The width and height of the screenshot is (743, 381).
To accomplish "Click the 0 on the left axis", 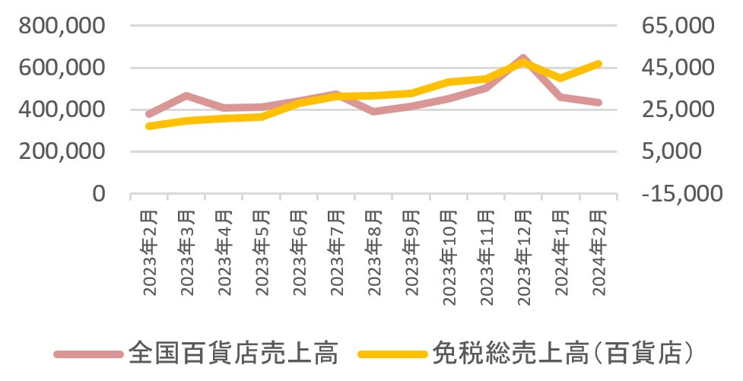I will [99, 193].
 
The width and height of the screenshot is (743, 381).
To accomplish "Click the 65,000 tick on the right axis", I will [678, 26].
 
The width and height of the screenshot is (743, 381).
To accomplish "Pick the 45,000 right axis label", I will [678, 68].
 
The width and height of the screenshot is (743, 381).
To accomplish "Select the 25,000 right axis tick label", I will [678, 110].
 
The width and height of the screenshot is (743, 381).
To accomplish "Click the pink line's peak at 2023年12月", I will [523, 58].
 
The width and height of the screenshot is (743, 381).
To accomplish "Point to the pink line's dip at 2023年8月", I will [373, 112].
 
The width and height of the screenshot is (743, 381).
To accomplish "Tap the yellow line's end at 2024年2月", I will [599, 64].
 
